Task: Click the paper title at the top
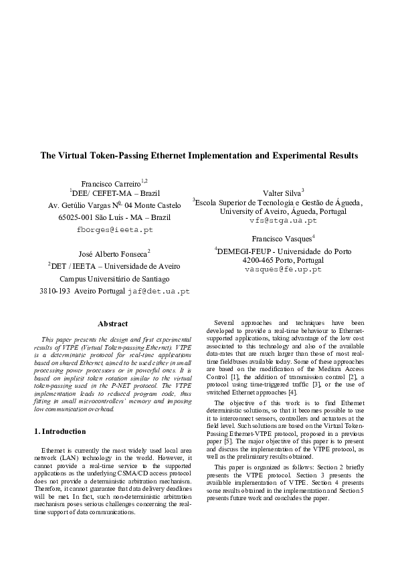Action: (199, 156)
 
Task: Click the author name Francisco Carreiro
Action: (110, 183)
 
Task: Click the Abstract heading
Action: (112, 324)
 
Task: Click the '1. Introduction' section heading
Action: (60, 413)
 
